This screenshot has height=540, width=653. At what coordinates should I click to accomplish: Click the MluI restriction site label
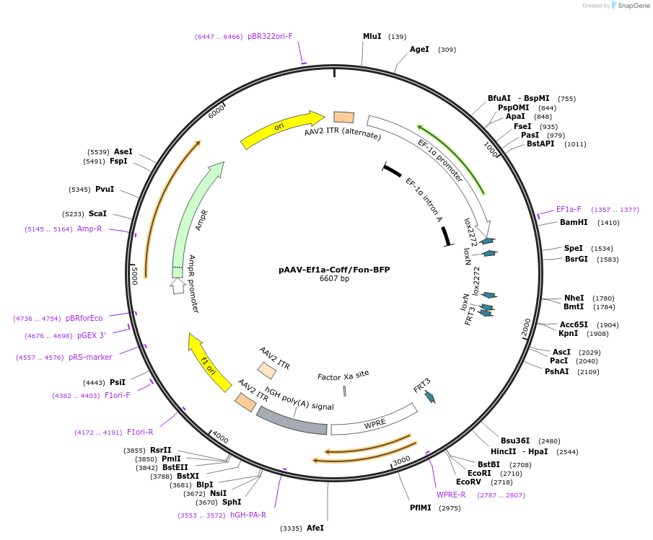(372, 36)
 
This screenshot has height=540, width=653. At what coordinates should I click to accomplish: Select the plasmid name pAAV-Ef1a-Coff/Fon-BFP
(334, 270)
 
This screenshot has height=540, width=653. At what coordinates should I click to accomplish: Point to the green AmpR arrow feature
(196, 216)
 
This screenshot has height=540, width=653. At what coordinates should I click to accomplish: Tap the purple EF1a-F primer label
(569, 209)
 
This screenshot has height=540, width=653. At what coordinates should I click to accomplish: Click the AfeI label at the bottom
(315, 528)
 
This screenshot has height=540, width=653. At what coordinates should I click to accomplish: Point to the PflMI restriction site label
(425, 508)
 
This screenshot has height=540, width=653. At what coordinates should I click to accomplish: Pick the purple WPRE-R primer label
(451, 495)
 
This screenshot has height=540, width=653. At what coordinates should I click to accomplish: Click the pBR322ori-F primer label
(270, 36)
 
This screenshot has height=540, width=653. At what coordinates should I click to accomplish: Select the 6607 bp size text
(334, 279)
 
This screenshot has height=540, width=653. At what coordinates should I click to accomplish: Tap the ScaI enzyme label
(97, 213)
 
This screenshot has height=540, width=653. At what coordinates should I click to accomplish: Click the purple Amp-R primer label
(89, 229)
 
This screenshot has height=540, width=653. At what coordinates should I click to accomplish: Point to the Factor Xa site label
(343, 375)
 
